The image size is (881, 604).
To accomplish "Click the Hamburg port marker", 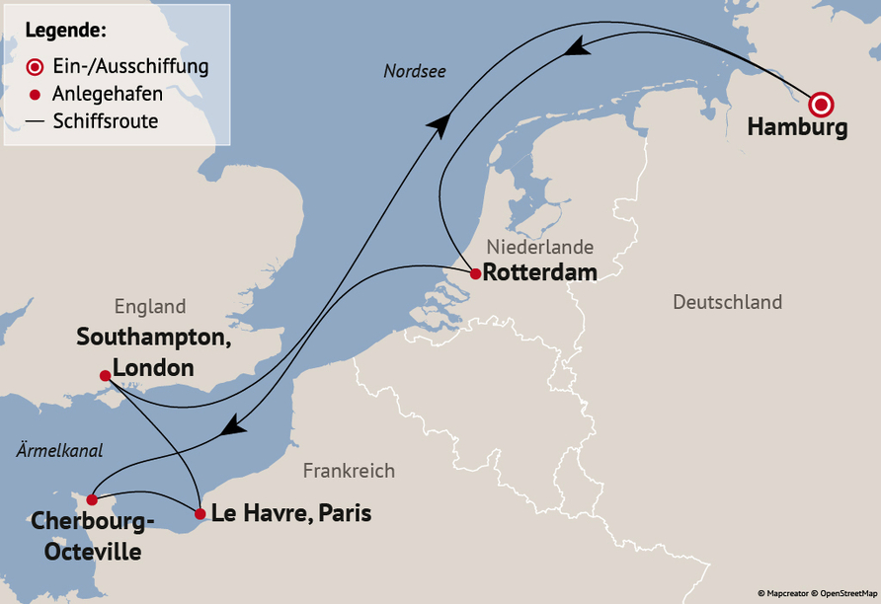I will pyautogui.click(x=821, y=104).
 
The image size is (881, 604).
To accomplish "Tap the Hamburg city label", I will pyautogui.click(x=797, y=128).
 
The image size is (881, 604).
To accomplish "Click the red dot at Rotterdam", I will pyautogui.click(x=475, y=273).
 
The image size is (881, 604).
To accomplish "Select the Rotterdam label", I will pyautogui.click(x=541, y=273).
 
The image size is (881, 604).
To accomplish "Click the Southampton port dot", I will pyautogui.click(x=105, y=375).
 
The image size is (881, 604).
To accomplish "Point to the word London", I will pyautogui.click(x=153, y=367).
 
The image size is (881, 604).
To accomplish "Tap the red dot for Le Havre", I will pyautogui.click(x=200, y=514).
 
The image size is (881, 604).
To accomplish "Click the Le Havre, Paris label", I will pyautogui.click(x=291, y=513).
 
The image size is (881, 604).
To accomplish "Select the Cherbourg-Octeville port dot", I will pyautogui.click(x=91, y=499).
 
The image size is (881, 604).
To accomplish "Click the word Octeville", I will pyautogui.click(x=92, y=551).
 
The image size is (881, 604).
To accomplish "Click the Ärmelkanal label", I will pyautogui.click(x=59, y=450).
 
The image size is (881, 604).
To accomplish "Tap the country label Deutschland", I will pyautogui.click(x=727, y=302).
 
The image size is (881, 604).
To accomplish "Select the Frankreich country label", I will pyautogui.click(x=349, y=471).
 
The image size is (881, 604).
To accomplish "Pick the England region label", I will pyautogui.click(x=150, y=306).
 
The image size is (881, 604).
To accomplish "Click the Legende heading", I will pyautogui.click(x=66, y=30).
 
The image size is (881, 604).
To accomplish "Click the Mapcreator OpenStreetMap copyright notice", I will pyautogui.click(x=816, y=593).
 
